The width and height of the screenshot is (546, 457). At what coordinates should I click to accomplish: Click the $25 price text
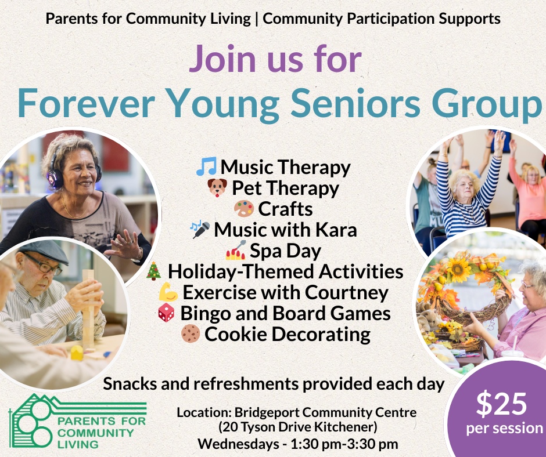[502, 404]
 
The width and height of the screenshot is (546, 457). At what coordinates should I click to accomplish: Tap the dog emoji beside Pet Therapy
[217, 188]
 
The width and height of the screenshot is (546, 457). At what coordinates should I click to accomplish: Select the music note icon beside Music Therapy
[206, 167]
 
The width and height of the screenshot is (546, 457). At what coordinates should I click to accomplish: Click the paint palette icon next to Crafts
[243, 209]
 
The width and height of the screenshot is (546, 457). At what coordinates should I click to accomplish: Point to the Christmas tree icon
[153, 271]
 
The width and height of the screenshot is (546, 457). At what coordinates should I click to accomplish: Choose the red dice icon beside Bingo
[166, 313]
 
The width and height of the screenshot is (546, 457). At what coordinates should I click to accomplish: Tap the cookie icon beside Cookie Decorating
[191, 334]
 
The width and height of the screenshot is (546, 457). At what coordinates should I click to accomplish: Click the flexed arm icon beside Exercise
[168, 292]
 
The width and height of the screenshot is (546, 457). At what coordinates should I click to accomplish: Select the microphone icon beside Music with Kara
[201, 230]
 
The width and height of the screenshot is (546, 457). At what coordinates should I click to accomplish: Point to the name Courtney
[351, 292]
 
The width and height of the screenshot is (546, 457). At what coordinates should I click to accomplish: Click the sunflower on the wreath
[458, 268]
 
